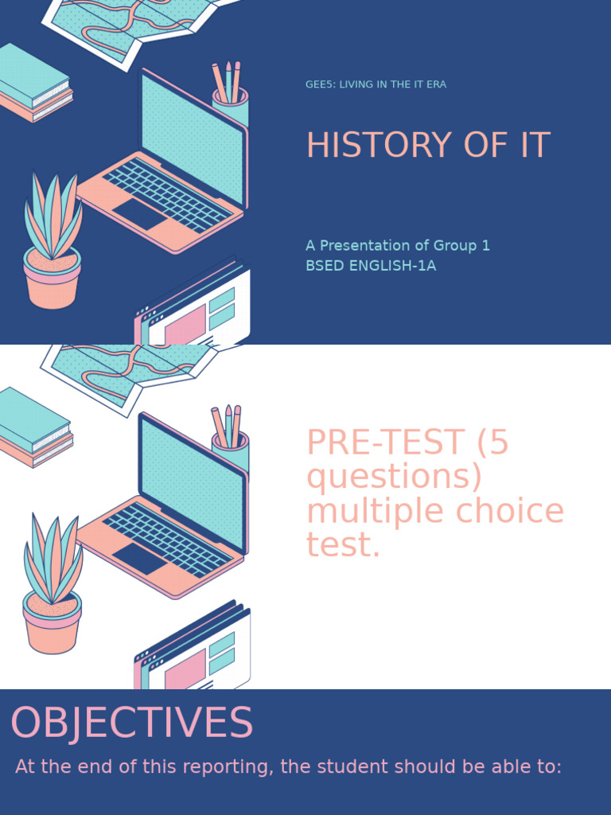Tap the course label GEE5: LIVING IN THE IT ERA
click(x=376, y=84)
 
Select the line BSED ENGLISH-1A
click(x=371, y=266)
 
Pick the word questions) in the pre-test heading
click(x=395, y=477)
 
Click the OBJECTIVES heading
click(x=131, y=723)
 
